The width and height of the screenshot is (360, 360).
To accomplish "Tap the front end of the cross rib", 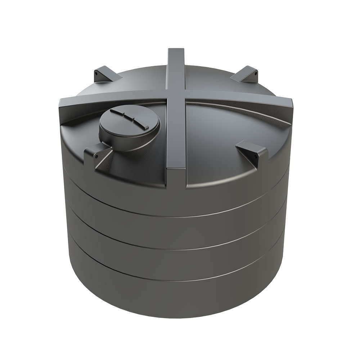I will (x=177, y=180).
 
